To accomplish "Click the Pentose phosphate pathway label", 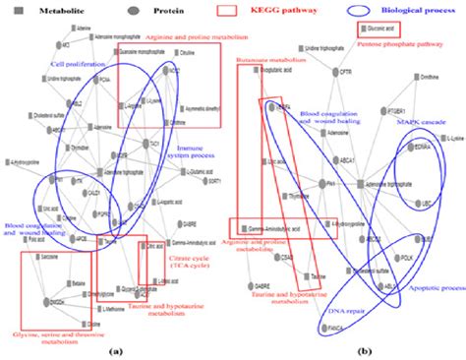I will coord(404,46).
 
